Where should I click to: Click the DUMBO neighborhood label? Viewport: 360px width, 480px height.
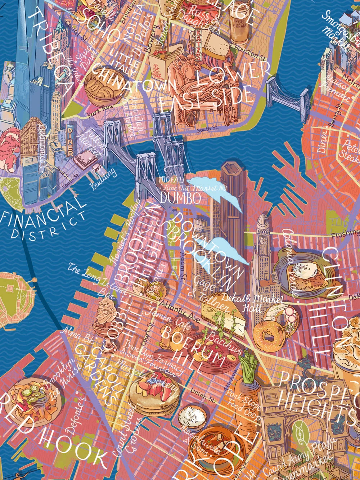pyautogui.click(x=180, y=198)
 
